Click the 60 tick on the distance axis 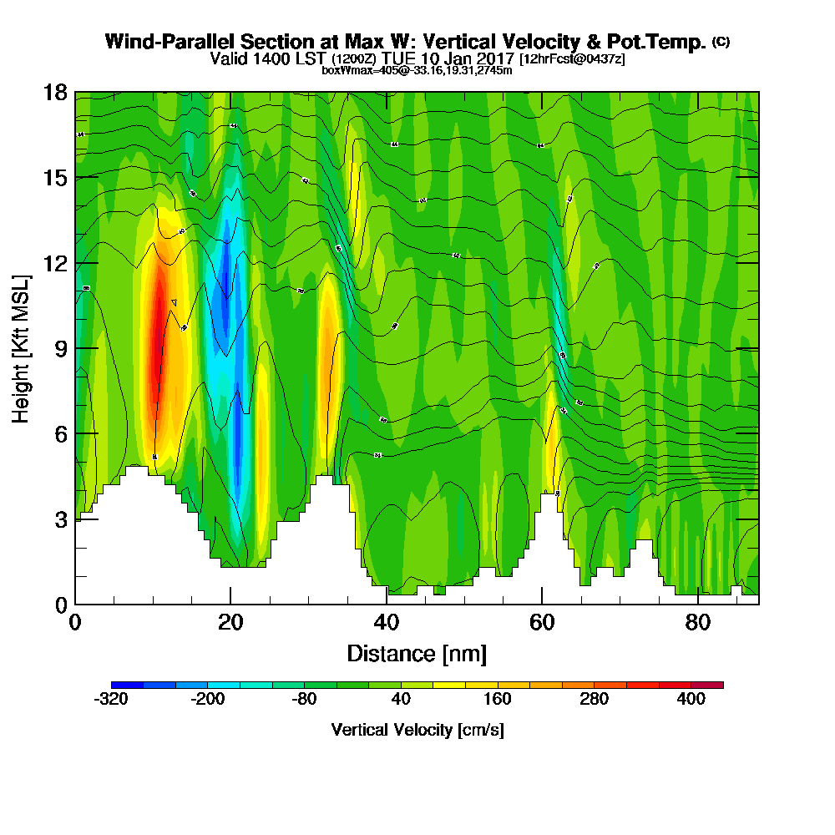[542, 622]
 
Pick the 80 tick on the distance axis [698, 622]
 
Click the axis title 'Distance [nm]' [417, 653]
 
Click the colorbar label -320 [111, 701]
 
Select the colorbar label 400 [691, 701]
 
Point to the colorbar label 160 [498, 701]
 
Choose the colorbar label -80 [305, 701]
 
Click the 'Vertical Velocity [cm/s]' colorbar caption [417, 730]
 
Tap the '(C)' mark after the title [721, 41]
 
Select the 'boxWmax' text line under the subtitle [417, 70]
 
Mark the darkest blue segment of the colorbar [127, 685]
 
